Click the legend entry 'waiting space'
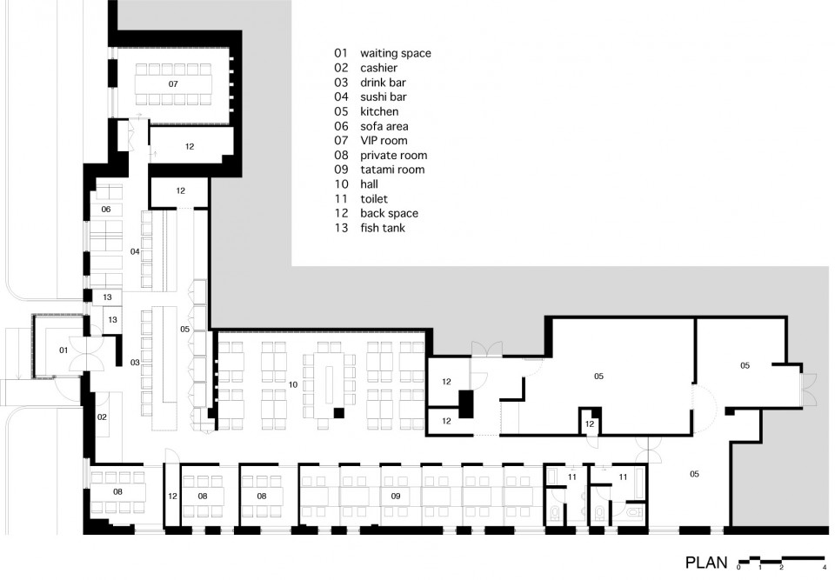[396, 53]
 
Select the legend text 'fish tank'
[383, 228]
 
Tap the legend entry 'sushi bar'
[384, 97]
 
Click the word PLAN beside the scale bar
[706, 563]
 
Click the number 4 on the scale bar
[824, 567]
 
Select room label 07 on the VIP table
[173, 84]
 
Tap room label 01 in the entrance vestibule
[63, 350]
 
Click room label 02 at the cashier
[102, 417]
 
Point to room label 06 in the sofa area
[106, 209]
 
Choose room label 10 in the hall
[293, 384]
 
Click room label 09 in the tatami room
[396, 496]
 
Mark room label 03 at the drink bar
[135, 362]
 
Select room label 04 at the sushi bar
[135, 251]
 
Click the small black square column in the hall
[339, 413]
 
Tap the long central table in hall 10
[329, 386]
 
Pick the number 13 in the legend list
[341, 228]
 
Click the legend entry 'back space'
[390, 214]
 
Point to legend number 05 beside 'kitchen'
[341, 111]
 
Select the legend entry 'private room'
[393, 155]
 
